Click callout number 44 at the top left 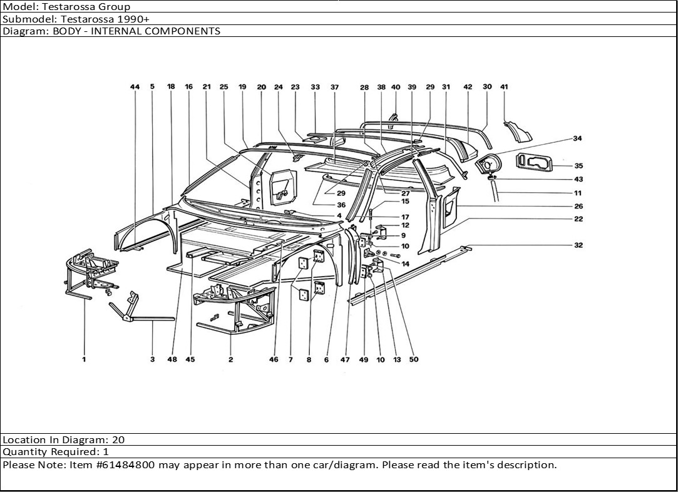135,87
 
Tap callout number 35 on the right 578,166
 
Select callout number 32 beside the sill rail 578,245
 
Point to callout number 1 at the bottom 84,360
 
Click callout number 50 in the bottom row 414,360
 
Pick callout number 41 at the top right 504,87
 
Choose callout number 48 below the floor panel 172,360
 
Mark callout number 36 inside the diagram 341,205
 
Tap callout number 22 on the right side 578,219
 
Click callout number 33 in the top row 315,87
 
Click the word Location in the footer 23,440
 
